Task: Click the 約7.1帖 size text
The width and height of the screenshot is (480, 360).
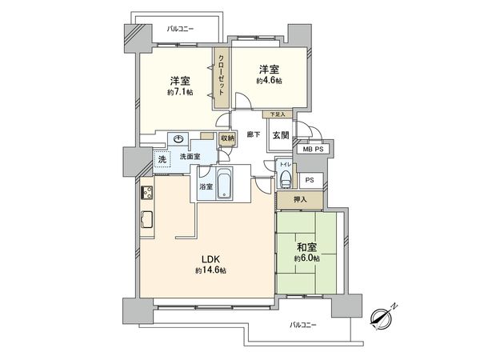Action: pyautogui.click(x=180, y=93)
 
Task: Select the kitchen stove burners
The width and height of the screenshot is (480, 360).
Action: pyautogui.click(x=148, y=192)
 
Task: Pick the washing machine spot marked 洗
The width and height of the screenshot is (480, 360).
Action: pyautogui.click(x=162, y=158)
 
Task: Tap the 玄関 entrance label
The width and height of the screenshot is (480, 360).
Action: pyautogui.click(x=280, y=135)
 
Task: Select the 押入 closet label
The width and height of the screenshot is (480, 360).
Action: pyautogui.click(x=299, y=199)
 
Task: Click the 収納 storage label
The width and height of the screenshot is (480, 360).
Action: pyautogui.click(x=228, y=138)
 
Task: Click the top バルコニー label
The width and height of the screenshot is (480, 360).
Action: pyautogui.click(x=182, y=29)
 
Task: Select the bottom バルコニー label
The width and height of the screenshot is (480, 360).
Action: pyautogui.click(x=302, y=325)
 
